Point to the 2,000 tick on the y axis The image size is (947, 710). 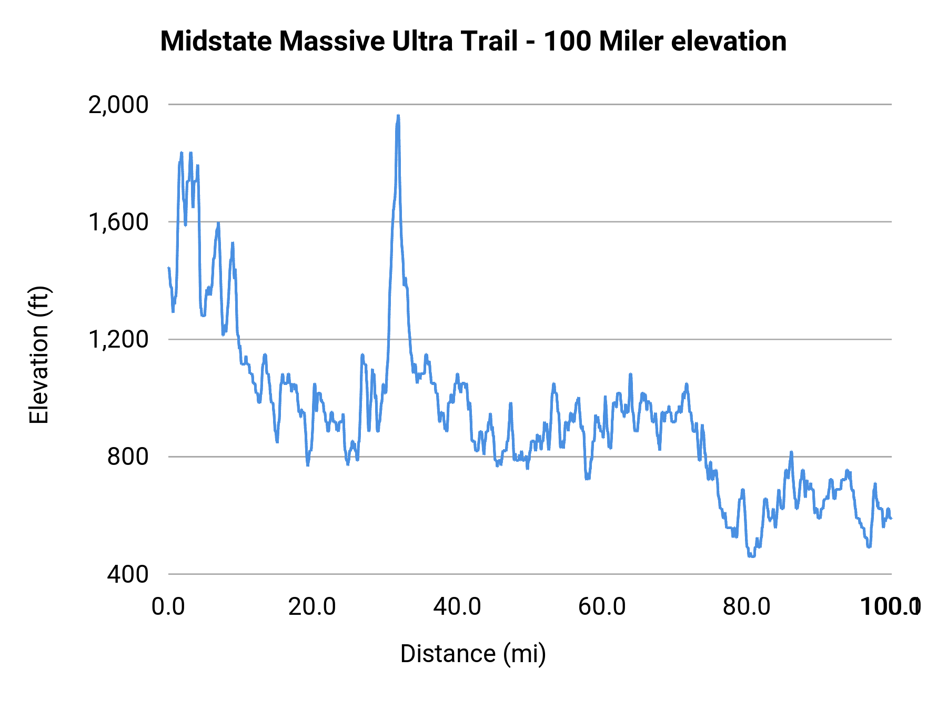click(118, 105)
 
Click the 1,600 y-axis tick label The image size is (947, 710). click(118, 222)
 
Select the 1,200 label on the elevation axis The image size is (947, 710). click(118, 339)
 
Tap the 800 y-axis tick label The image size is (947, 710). click(128, 457)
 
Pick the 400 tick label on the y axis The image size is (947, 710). click(128, 574)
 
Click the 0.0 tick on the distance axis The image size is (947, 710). click(168, 606)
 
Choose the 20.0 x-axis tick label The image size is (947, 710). click(312, 606)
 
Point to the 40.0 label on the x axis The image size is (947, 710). click(457, 606)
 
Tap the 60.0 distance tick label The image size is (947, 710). click(601, 606)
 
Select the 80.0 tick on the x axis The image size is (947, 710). click(746, 606)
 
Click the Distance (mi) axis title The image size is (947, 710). click(473, 654)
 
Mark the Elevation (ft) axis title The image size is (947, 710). click(38, 355)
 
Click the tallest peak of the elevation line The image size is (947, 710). click(398, 116)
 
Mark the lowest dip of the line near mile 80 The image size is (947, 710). click(751, 556)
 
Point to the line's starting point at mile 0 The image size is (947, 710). click(168, 268)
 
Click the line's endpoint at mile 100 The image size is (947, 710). click(891, 519)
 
